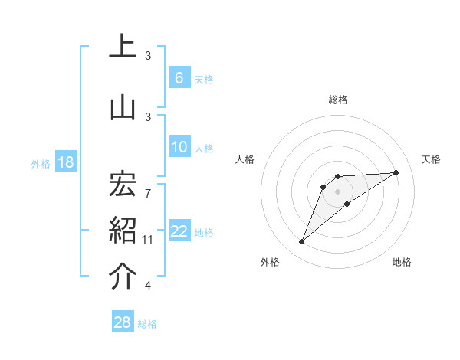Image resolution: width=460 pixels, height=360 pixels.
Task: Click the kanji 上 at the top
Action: [123, 47]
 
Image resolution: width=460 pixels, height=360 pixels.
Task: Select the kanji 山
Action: [123, 107]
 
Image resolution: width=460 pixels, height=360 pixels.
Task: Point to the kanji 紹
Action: [123, 231]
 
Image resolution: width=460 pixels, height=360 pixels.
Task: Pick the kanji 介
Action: [123, 277]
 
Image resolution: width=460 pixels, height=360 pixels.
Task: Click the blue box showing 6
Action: [179, 78]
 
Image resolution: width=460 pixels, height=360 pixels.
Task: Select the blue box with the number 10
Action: [179, 147]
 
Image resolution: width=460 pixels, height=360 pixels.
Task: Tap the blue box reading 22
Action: [179, 232]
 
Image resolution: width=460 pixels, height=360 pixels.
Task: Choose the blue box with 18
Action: [65, 162]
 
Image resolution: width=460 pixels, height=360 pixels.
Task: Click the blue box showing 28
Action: [123, 322]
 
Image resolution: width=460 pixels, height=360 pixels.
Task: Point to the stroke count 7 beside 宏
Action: [148, 184]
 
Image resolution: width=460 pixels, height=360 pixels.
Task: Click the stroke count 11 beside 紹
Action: [148, 240]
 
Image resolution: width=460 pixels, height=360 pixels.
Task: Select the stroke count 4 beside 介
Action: [148, 286]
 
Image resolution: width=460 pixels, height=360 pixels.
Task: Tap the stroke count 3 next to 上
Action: [148, 56]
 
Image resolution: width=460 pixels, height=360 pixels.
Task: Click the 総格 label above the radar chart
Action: [337, 100]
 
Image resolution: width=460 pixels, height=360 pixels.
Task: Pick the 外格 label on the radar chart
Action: [270, 262]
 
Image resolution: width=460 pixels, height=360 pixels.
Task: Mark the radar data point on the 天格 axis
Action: [396, 172]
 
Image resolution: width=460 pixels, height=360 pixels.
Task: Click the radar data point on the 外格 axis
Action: [301, 242]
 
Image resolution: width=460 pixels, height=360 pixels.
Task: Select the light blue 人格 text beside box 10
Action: [204, 148]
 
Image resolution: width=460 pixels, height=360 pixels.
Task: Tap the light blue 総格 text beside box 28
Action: [147, 323]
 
